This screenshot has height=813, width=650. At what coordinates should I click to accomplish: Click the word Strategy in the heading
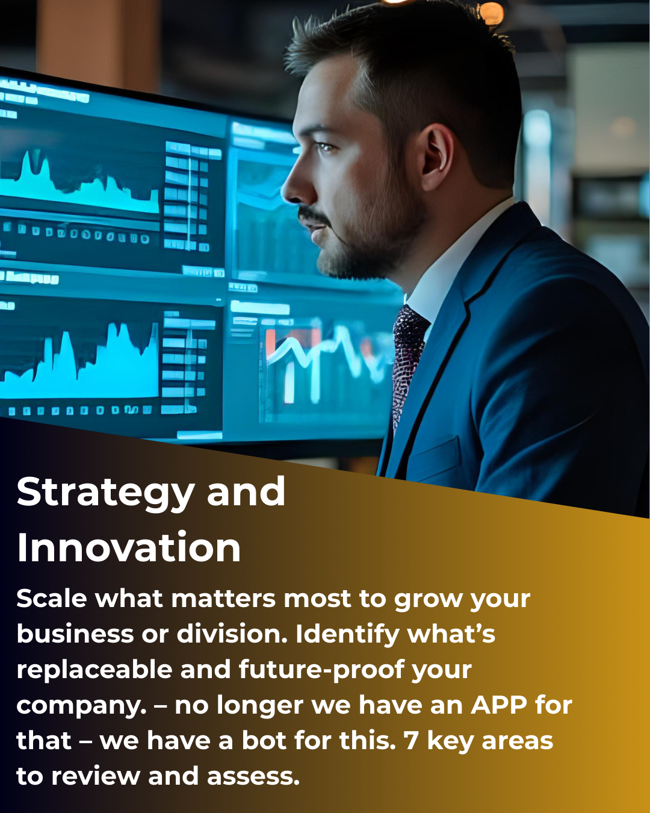[105, 493]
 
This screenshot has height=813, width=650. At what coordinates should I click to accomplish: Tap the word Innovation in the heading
[128, 547]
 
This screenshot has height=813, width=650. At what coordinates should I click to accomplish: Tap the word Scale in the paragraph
[52, 599]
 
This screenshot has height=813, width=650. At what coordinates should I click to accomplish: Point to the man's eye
[325, 146]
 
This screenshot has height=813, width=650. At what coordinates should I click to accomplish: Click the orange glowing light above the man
[491, 14]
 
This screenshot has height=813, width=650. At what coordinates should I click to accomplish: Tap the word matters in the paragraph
[223, 599]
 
